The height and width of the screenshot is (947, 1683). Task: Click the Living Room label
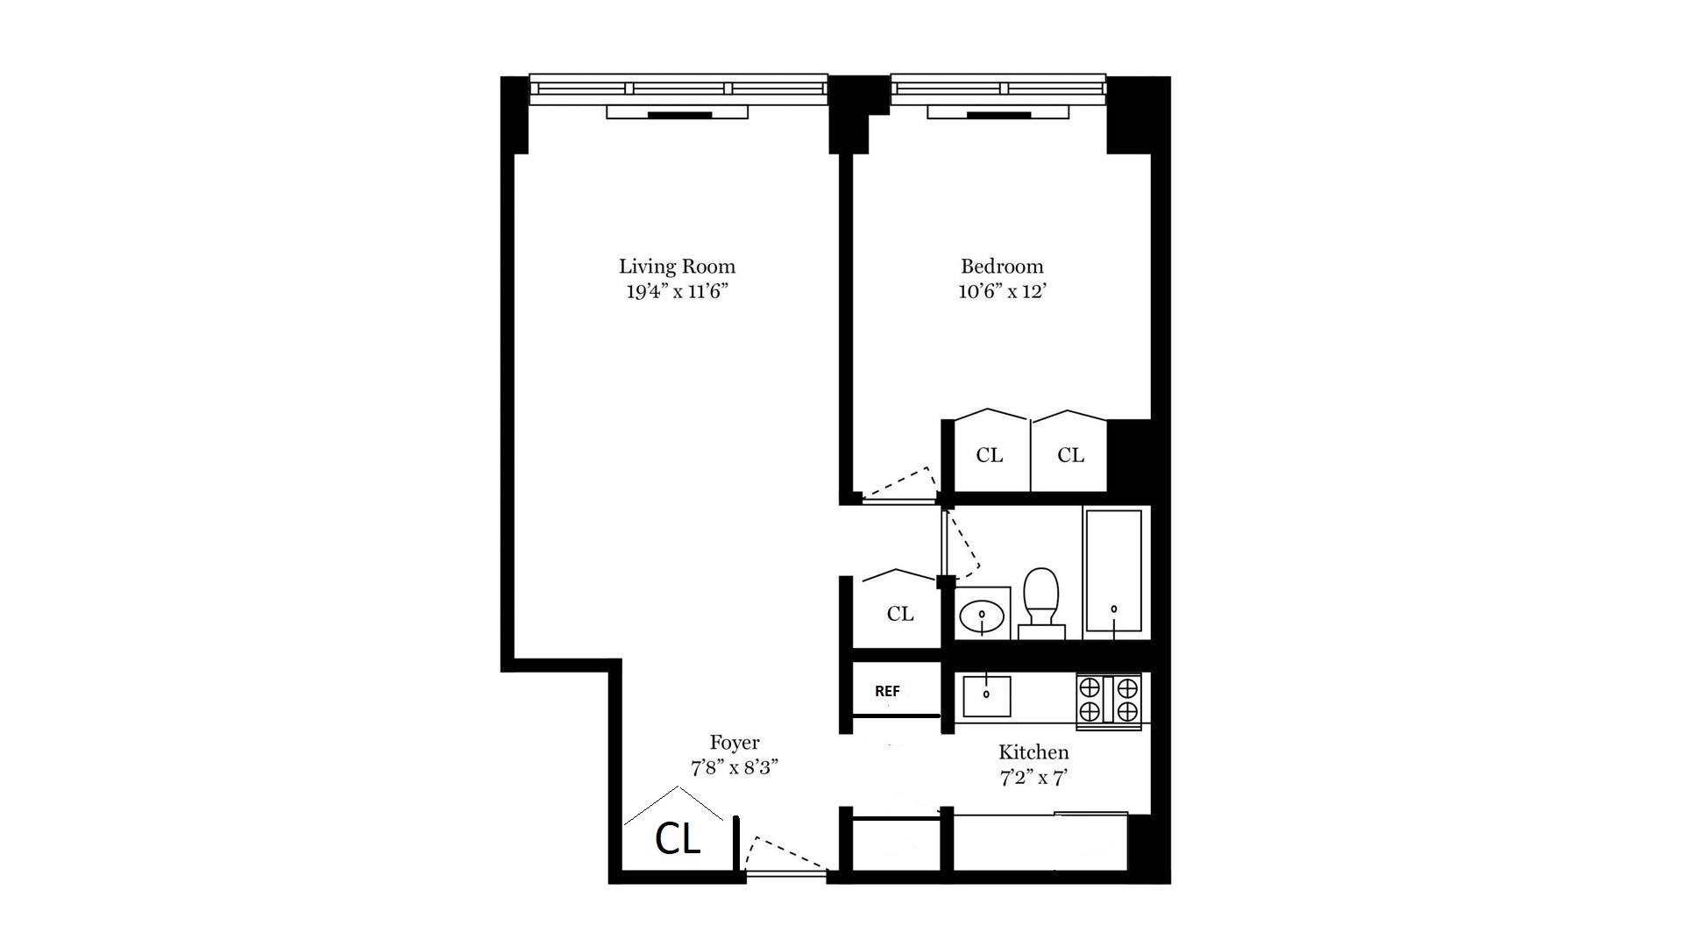(677, 267)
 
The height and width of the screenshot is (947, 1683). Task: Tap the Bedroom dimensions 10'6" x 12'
(1002, 291)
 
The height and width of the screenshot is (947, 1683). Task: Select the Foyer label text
(735, 743)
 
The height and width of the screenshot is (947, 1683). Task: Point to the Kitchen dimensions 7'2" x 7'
(1033, 777)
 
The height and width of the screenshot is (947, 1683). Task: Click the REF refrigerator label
(887, 691)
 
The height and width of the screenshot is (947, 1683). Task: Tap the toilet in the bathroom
(1041, 601)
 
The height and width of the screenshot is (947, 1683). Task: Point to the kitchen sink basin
(986, 695)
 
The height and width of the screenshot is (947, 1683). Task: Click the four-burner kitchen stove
(1109, 699)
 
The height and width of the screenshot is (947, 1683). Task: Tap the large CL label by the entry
(678, 840)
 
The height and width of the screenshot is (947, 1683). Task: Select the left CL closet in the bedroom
(990, 455)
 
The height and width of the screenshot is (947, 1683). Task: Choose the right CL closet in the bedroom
(1070, 455)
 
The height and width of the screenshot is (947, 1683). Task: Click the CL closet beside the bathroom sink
(900, 614)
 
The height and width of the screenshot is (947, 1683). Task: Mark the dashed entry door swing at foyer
(783, 855)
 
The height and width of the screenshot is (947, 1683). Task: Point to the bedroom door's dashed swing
(903, 484)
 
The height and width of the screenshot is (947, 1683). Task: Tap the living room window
(678, 89)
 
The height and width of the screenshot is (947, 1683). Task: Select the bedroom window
(998, 89)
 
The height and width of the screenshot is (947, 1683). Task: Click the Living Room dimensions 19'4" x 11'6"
(677, 291)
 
